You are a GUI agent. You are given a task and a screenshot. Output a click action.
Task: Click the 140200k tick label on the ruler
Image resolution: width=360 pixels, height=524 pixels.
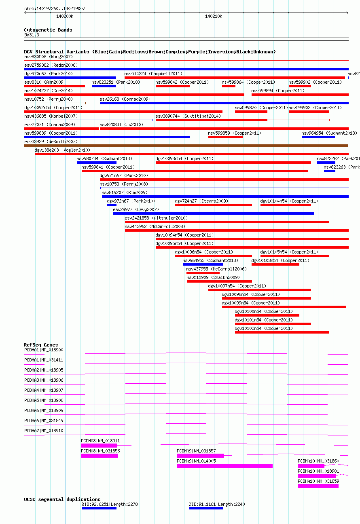(x=65, y=16)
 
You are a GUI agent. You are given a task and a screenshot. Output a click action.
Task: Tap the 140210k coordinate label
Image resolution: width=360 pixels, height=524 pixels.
(x=214, y=16)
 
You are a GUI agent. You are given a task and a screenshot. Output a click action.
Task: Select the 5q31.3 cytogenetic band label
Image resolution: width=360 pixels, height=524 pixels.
(x=32, y=35)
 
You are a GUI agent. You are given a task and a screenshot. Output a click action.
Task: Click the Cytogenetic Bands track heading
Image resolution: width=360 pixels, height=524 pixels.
(x=48, y=30)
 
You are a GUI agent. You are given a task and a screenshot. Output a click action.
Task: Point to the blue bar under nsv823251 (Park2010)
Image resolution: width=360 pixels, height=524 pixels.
(x=104, y=86)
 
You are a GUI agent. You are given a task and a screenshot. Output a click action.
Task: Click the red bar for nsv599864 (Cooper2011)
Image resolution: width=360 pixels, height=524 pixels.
(x=229, y=86)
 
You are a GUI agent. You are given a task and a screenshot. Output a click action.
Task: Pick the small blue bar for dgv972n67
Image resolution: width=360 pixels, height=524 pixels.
(x=112, y=205)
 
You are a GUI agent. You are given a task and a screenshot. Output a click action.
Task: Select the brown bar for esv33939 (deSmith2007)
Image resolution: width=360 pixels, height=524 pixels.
(x=186, y=146)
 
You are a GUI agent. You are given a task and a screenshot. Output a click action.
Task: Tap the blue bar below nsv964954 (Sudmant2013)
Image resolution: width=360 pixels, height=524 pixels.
(x=318, y=137)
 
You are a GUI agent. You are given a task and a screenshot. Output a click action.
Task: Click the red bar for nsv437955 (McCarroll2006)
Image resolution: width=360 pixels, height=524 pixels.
(x=203, y=273)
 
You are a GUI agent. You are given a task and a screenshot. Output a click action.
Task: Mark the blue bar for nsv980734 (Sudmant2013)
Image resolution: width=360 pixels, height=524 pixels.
(x=96, y=163)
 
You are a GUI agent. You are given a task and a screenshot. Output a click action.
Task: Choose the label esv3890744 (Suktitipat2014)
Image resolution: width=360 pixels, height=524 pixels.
(x=188, y=116)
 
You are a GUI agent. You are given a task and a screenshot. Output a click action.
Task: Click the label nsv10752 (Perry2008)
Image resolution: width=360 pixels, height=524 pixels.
(x=49, y=99)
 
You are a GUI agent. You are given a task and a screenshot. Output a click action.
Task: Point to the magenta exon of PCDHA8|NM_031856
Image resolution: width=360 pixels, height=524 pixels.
(x=100, y=455)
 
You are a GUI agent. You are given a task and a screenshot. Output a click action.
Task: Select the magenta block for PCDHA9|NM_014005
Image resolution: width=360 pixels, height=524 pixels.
(x=225, y=466)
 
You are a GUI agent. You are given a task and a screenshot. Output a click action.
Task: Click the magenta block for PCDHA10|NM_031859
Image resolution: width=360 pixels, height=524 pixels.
(x=318, y=486)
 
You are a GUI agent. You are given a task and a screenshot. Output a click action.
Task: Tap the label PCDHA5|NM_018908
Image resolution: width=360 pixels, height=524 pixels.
(x=44, y=400)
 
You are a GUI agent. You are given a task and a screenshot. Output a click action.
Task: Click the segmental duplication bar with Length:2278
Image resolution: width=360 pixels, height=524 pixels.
(x=99, y=508)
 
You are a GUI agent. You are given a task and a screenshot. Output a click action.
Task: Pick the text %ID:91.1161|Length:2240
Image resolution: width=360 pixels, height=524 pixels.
(x=217, y=504)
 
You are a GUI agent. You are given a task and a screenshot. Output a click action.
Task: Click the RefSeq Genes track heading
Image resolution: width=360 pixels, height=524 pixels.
(x=41, y=345)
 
